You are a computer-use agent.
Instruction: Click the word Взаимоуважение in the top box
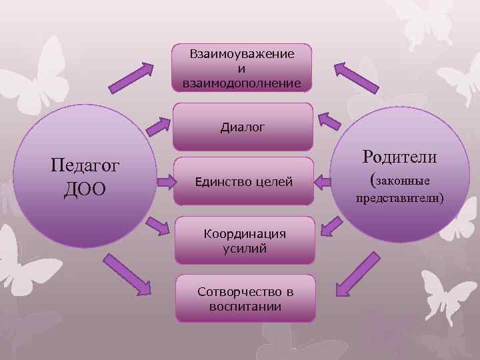(x=242, y=54)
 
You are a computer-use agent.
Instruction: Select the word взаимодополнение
(x=242, y=83)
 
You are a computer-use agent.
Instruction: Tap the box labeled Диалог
(x=243, y=126)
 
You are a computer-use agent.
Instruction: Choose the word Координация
(x=244, y=234)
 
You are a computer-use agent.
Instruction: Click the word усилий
(x=244, y=248)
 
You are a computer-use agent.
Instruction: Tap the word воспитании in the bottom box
(x=245, y=307)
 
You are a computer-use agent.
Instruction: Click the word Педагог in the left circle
(x=85, y=164)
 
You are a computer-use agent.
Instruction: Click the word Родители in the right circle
(x=399, y=157)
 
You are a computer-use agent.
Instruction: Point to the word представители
(x=399, y=198)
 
